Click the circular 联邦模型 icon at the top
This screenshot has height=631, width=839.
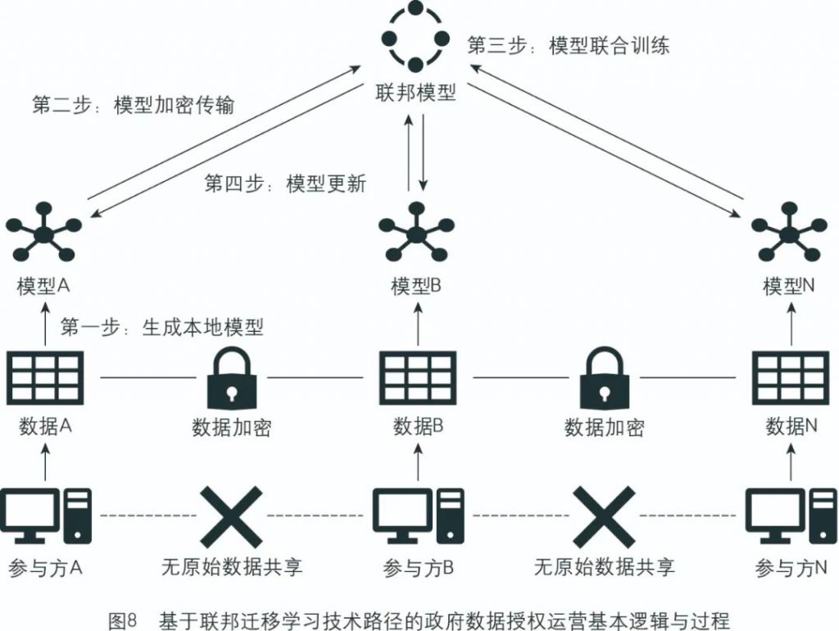(x=415, y=37)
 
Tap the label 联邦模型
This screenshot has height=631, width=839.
(x=415, y=92)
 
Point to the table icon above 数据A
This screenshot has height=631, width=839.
(x=44, y=378)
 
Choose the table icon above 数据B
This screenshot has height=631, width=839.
(x=417, y=378)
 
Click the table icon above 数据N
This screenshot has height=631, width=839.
(x=790, y=378)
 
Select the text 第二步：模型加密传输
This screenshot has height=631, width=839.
(x=133, y=106)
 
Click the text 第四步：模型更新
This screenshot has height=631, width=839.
(x=284, y=182)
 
